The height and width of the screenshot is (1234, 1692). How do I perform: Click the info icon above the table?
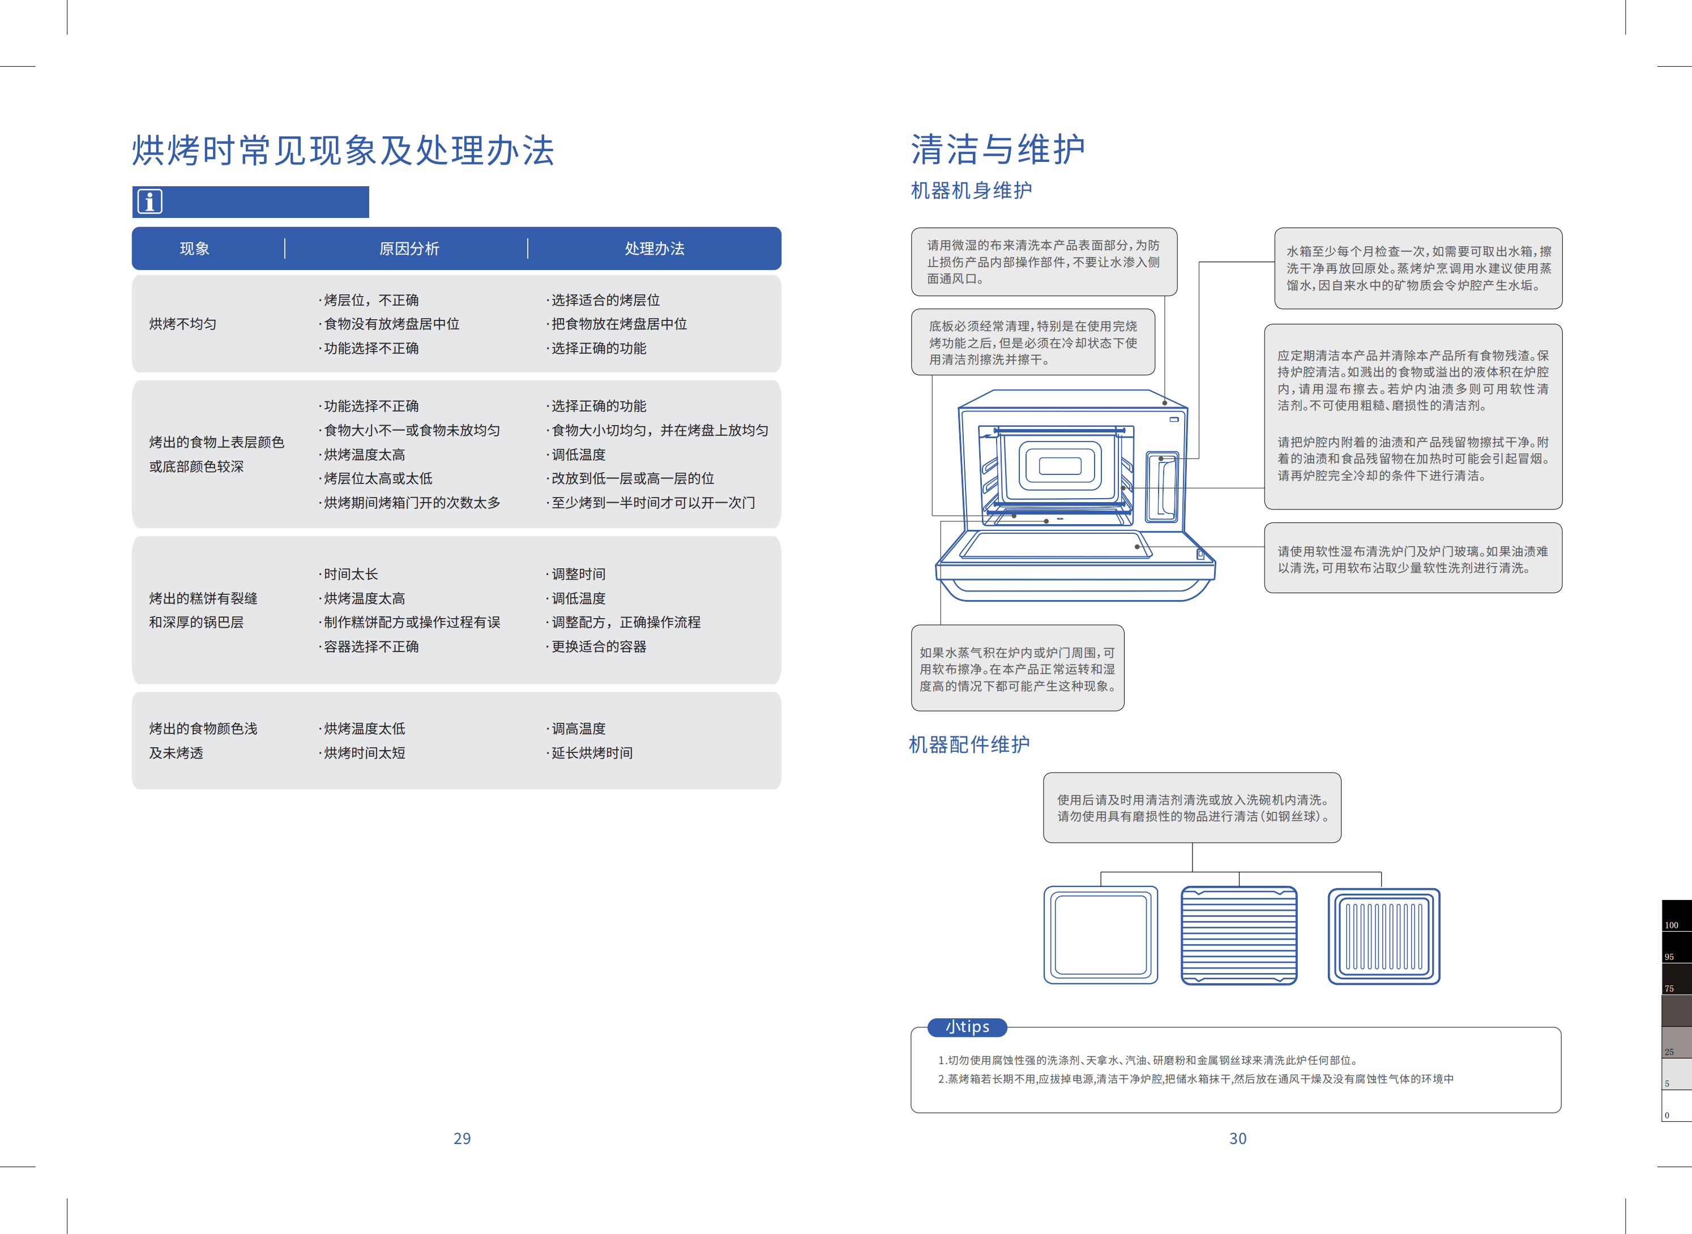[x=149, y=202]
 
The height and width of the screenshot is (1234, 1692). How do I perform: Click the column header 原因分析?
[x=409, y=248]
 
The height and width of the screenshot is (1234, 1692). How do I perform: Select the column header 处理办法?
[x=654, y=248]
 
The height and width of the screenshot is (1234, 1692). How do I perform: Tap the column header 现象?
[x=194, y=248]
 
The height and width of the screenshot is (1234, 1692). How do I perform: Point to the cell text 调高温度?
[x=579, y=729]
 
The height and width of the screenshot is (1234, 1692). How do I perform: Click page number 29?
[x=462, y=1138]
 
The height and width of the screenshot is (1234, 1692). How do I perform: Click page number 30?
[x=1238, y=1138]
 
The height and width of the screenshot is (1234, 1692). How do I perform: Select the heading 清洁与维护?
[x=998, y=149]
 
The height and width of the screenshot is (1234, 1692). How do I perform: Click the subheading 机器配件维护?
[x=969, y=745]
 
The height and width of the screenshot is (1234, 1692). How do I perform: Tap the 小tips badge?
[x=967, y=1027]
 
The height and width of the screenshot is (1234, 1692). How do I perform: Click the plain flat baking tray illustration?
[x=1100, y=935]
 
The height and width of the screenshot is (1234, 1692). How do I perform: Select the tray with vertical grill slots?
[x=1383, y=936]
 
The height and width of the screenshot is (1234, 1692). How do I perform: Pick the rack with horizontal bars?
[x=1238, y=935]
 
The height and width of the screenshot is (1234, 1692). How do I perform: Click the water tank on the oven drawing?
[x=1162, y=487]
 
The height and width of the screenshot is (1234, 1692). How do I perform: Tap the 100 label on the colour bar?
[x=1671, y=925]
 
